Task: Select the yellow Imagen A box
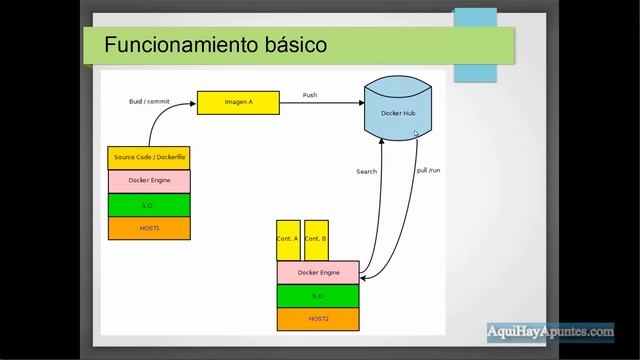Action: [238, 102]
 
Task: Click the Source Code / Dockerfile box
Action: [149, 158]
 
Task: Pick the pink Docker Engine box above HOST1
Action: [149, 181]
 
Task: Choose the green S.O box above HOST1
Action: [149, 205]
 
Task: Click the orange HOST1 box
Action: [149, 228]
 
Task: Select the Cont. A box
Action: [288, 240]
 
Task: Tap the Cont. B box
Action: [316, 240]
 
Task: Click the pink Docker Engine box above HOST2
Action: [318, 272]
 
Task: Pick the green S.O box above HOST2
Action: [318, 296]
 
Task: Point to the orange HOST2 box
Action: [318, 319]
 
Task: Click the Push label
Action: [311, 95]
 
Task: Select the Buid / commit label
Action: [149, 101]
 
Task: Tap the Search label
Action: [367, 172]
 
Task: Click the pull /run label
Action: [428, 170]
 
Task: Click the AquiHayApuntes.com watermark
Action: [550, 331]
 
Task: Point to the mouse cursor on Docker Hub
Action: [416, 133]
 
